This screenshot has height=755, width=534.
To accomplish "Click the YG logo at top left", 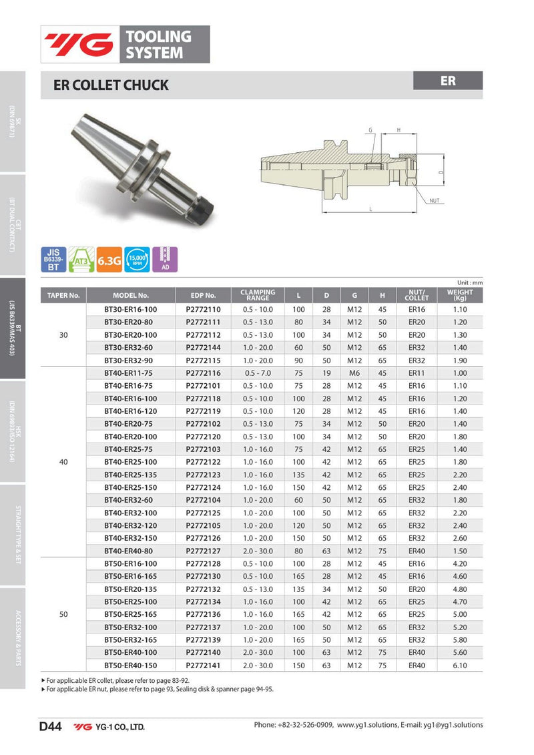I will [x=79, y=44].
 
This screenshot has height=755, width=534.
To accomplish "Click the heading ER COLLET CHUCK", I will [x=111, y=85].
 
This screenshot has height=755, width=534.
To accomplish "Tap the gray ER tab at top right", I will [x=448, y=81].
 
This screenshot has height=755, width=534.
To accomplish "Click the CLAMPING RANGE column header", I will [x=258, y=294].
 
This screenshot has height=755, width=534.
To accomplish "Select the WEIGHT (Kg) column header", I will [x=460, y=294].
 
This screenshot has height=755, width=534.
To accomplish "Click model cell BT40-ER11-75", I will [x=131, y=373].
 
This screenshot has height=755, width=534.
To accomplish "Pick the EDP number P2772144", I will [x=203, y=348].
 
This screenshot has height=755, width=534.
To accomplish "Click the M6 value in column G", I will [x=354, y=373].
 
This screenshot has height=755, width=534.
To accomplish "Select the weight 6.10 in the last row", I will [x=460, y=666].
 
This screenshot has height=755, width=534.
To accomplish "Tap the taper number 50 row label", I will [x=63, y=615].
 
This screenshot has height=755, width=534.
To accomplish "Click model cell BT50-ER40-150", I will [x=131, y=666].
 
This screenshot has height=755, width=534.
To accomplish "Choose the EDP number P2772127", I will [x=203, y=551].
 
